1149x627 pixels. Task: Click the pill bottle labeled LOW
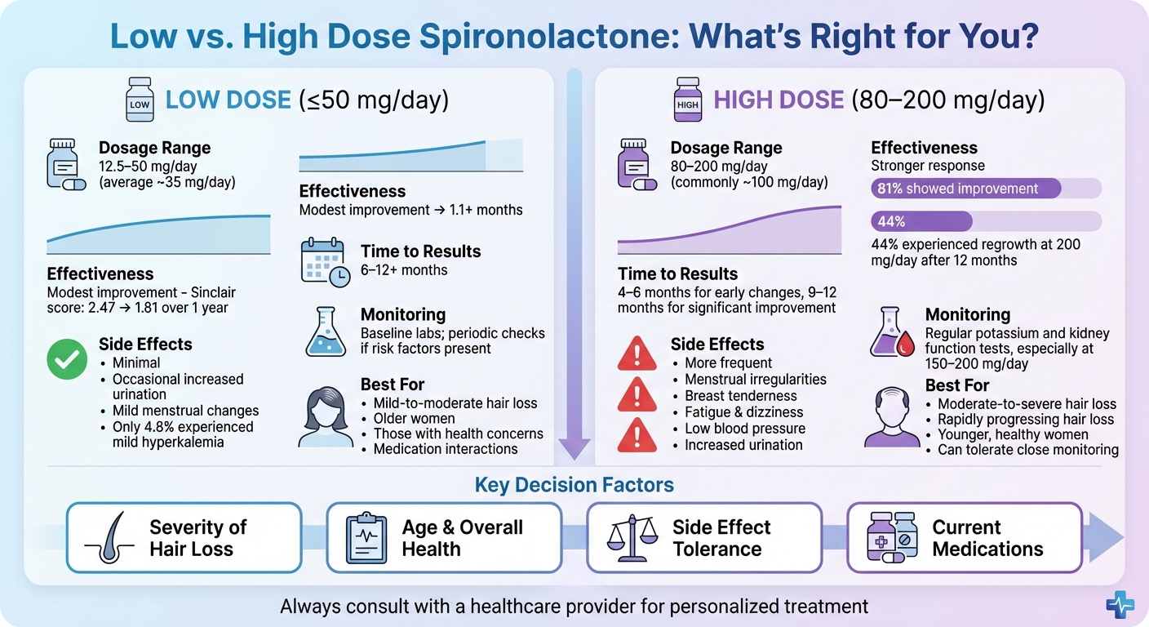140,100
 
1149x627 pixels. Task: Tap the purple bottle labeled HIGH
687,100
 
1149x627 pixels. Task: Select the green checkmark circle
67,358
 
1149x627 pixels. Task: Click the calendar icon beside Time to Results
325,261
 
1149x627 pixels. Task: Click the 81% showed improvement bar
965,189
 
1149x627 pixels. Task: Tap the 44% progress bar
921,221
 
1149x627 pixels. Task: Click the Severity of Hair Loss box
184,537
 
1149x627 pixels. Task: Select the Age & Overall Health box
444,537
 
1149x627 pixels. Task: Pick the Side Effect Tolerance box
703,537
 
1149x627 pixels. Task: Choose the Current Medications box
965,537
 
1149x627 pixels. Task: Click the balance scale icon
633,538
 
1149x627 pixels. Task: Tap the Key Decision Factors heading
574,485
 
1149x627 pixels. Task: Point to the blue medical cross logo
1120,603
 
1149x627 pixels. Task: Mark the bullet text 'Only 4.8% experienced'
183,427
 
